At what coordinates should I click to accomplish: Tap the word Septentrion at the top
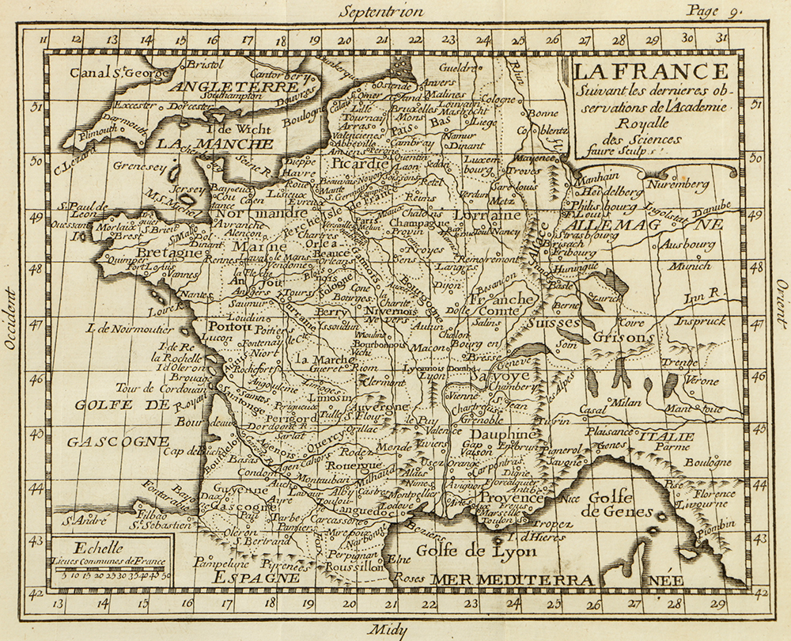[x=381, y=12]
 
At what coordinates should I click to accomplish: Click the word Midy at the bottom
[x=388, y=630]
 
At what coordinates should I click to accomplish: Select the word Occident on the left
[x=10, y=317]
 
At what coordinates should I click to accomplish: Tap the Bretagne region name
[x=169, y=252]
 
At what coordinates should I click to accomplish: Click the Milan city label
[x=625, y=402]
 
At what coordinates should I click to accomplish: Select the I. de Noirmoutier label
[x=128, y=328]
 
